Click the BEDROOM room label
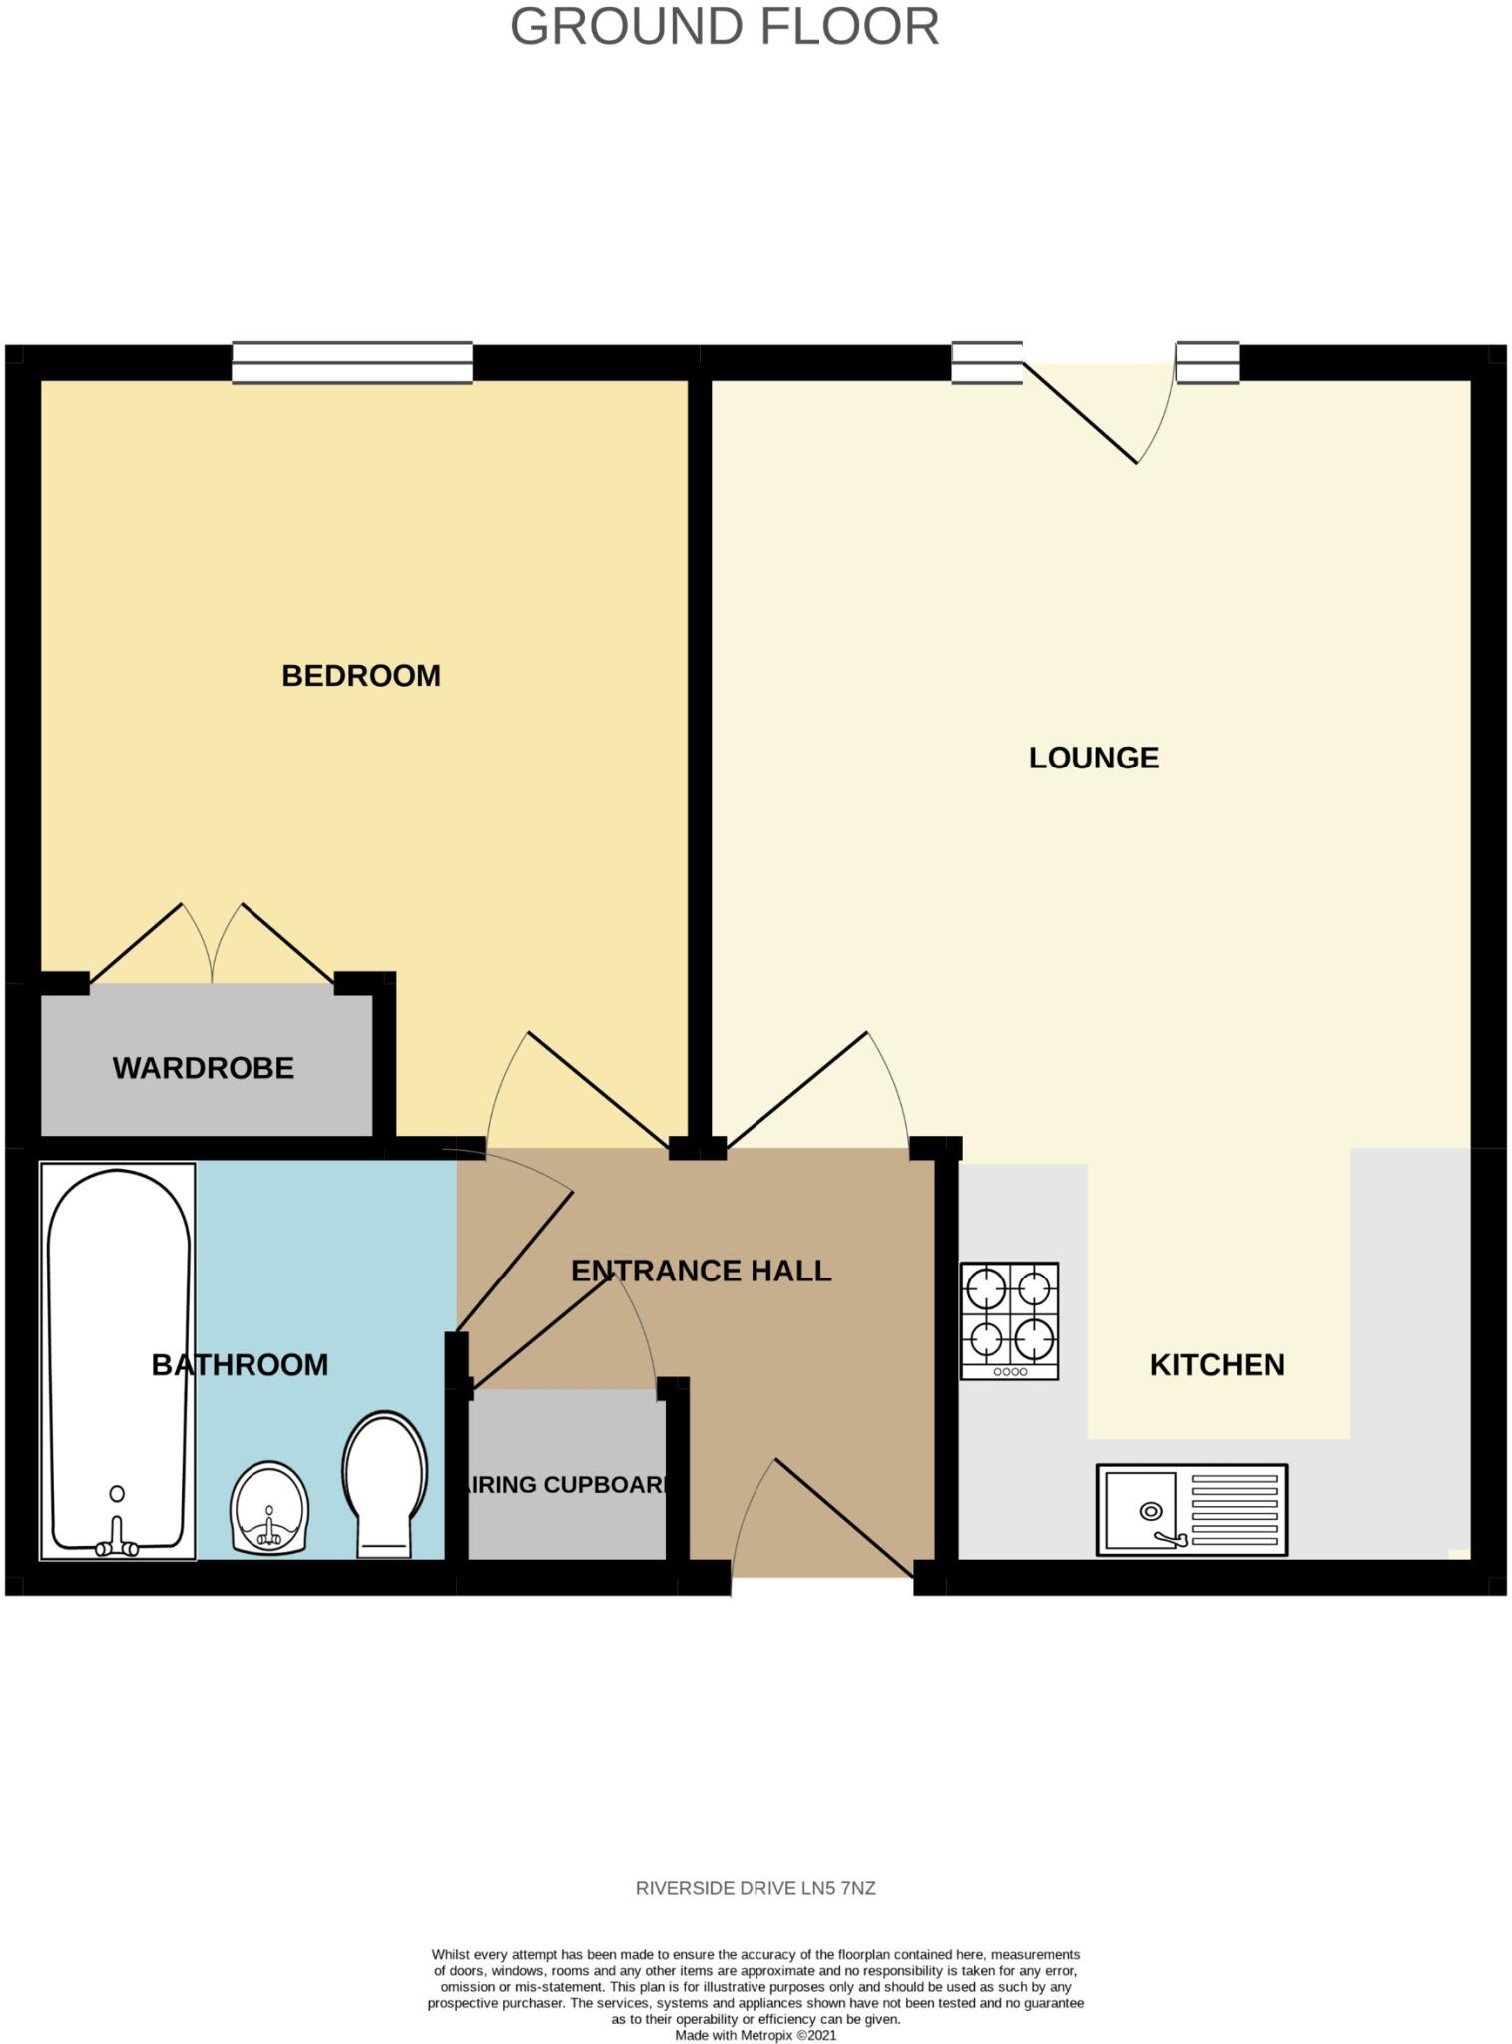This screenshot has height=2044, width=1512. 361,676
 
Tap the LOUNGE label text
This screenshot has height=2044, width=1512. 1094,758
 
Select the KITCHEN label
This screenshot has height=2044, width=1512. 1217,1364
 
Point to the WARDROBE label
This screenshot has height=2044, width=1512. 204,1068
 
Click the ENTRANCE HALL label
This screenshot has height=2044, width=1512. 701,1271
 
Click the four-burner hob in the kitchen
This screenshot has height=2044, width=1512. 1009,1320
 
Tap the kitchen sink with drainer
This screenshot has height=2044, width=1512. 1192,1509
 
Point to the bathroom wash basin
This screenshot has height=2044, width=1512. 269,1507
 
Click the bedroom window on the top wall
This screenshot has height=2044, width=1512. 352,362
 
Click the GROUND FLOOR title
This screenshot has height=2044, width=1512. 725,27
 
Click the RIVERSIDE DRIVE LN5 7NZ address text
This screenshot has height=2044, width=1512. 756,1888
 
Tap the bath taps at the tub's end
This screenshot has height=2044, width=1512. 117,1546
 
